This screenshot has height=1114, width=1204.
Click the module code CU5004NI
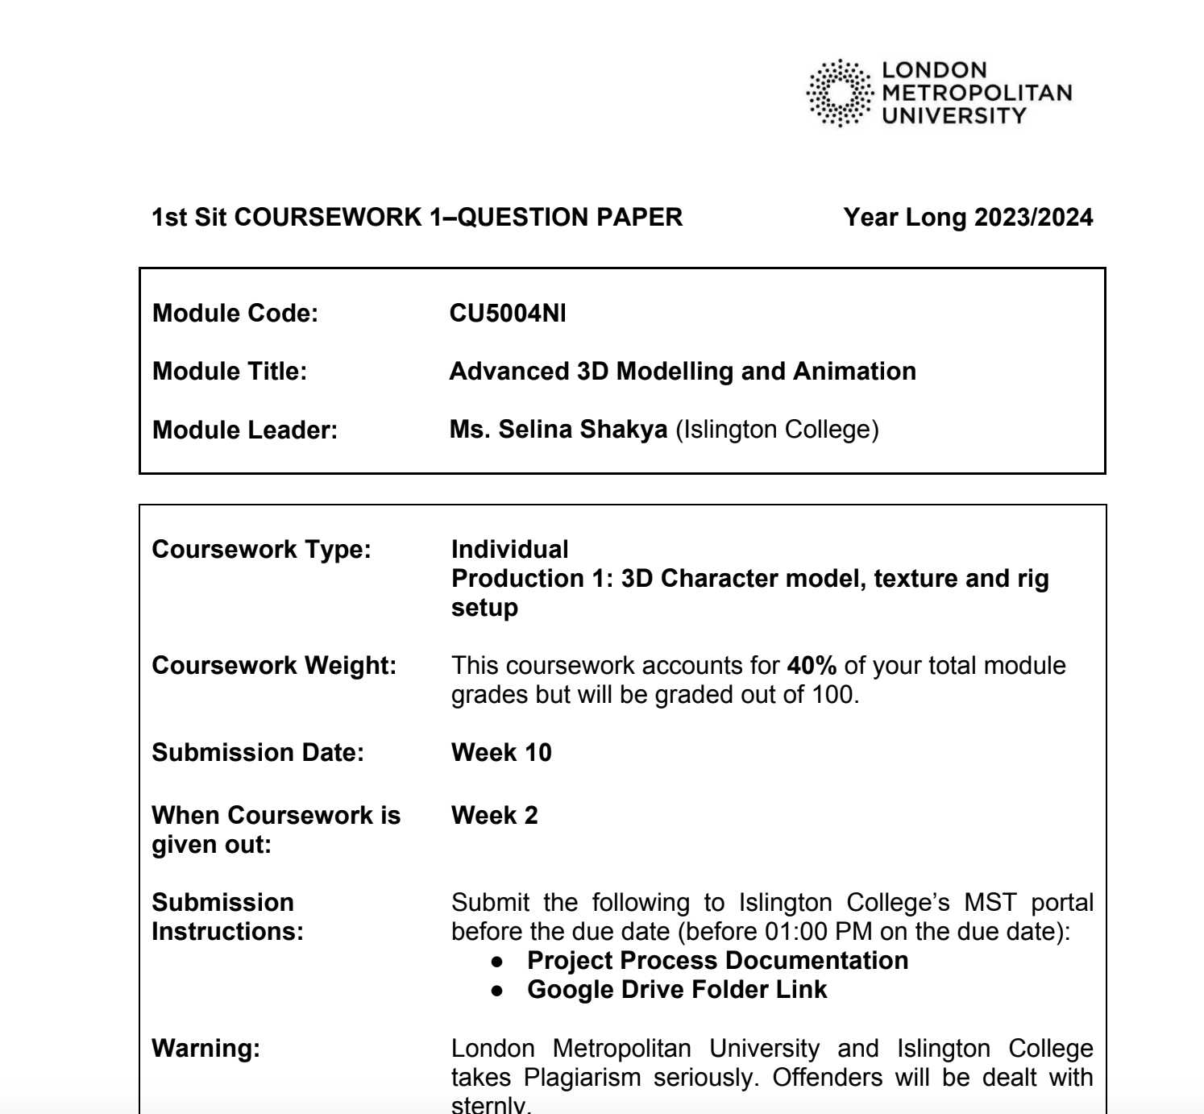(x=507, y=313)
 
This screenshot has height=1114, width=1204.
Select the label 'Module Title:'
(x=230, y=372)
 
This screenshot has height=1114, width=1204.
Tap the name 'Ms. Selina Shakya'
(x=558, y=430)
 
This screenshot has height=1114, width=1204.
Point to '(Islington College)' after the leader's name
(x=777, y=430)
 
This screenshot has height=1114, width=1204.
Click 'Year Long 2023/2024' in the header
(x=968, y=217)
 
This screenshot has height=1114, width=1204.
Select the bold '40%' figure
(x=812, y=666)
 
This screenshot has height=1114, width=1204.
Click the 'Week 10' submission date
(x=501, y=753)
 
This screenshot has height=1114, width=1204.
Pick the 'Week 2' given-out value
(x=494, y=816)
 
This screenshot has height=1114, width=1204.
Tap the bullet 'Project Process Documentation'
(x=717, y=961)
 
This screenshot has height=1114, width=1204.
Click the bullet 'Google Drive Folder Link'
(x=677, y=990)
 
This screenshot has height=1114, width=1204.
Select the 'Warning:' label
(x=206, y=1049)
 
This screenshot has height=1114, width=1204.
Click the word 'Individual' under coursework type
(x=509, y=550)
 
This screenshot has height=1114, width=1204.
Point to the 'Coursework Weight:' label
(x=274, y=666)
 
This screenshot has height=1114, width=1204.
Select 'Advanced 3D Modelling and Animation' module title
(x=683, y=372)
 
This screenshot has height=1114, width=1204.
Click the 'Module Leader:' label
(x=245, y=430)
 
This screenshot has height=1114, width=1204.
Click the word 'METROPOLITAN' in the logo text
(x=978, y=93)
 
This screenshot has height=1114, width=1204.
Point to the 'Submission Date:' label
(x=258, y=753)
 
